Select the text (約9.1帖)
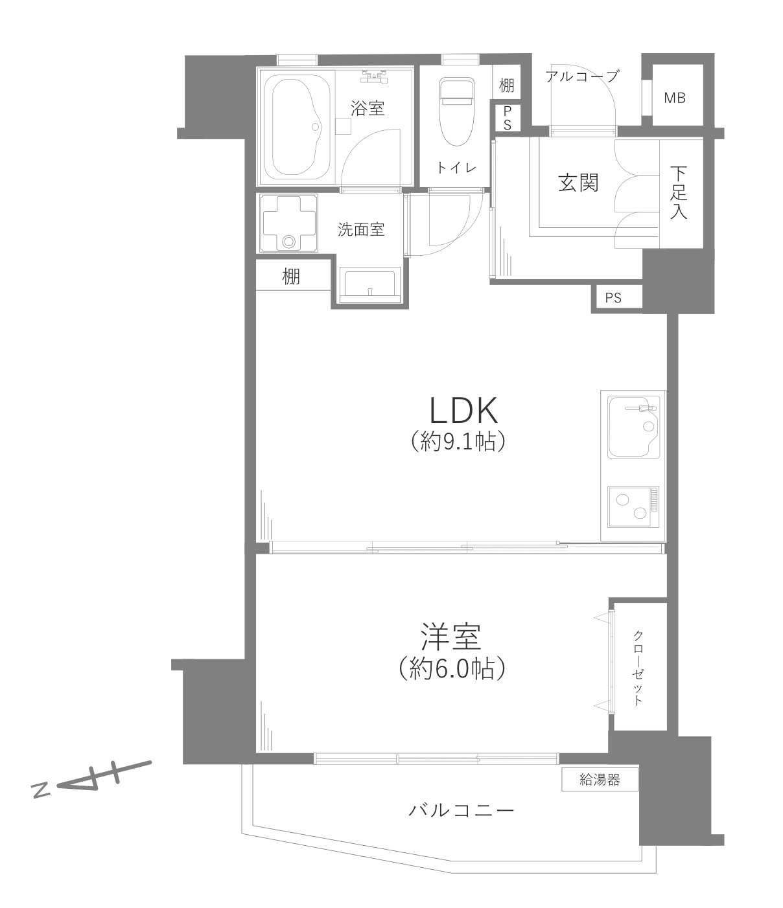[458, 442]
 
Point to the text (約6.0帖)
[452, 668]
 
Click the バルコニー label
[462, 810]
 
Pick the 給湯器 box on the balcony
[600, 780]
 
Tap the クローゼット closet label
[638, 667]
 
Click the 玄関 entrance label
[578, 183]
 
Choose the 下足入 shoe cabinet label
[679, 192]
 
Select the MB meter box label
[674, 98]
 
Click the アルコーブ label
[582, 76]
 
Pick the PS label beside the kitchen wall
[613, 298]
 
